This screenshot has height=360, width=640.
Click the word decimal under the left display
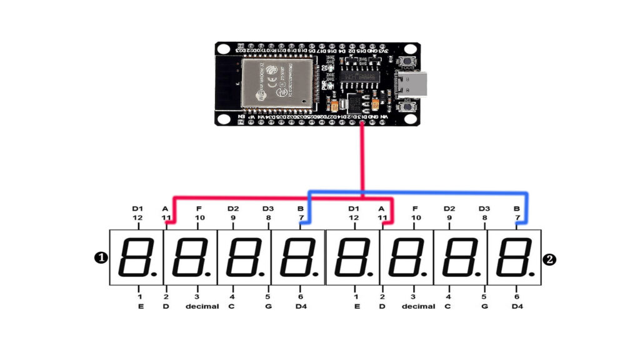[202, 307]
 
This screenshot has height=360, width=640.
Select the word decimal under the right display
[418, 307]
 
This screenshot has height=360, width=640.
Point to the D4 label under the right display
[517, 307]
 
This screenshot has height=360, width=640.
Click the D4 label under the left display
[301, 307]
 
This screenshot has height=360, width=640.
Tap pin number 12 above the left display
[137, 218]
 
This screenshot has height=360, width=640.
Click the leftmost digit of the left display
[136, 257]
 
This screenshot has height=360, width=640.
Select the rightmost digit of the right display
[514, 257]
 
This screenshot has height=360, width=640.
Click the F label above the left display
[199, 208]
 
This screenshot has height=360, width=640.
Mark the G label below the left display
[268, 307]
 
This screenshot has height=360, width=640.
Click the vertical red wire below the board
[362, 156]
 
